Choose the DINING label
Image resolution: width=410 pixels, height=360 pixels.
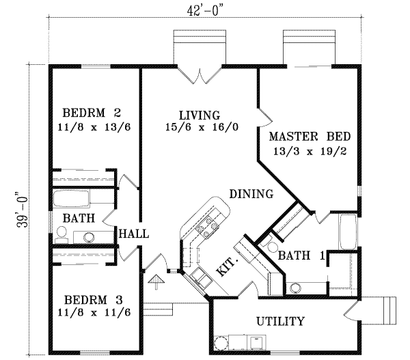point(251,194)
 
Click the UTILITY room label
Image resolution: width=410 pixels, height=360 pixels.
point(280,321)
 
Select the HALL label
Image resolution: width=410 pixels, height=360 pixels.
point(134,234)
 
